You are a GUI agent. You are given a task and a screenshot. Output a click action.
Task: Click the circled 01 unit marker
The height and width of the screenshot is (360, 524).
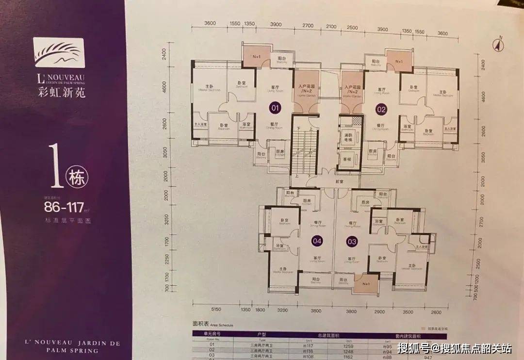point(276,108)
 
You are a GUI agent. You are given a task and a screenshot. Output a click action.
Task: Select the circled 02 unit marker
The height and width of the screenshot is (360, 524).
point(381,109)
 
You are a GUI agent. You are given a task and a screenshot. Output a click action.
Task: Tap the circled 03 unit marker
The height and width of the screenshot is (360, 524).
point(352,240)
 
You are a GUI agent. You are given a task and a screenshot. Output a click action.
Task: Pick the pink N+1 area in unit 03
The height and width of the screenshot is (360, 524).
point(366,284)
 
